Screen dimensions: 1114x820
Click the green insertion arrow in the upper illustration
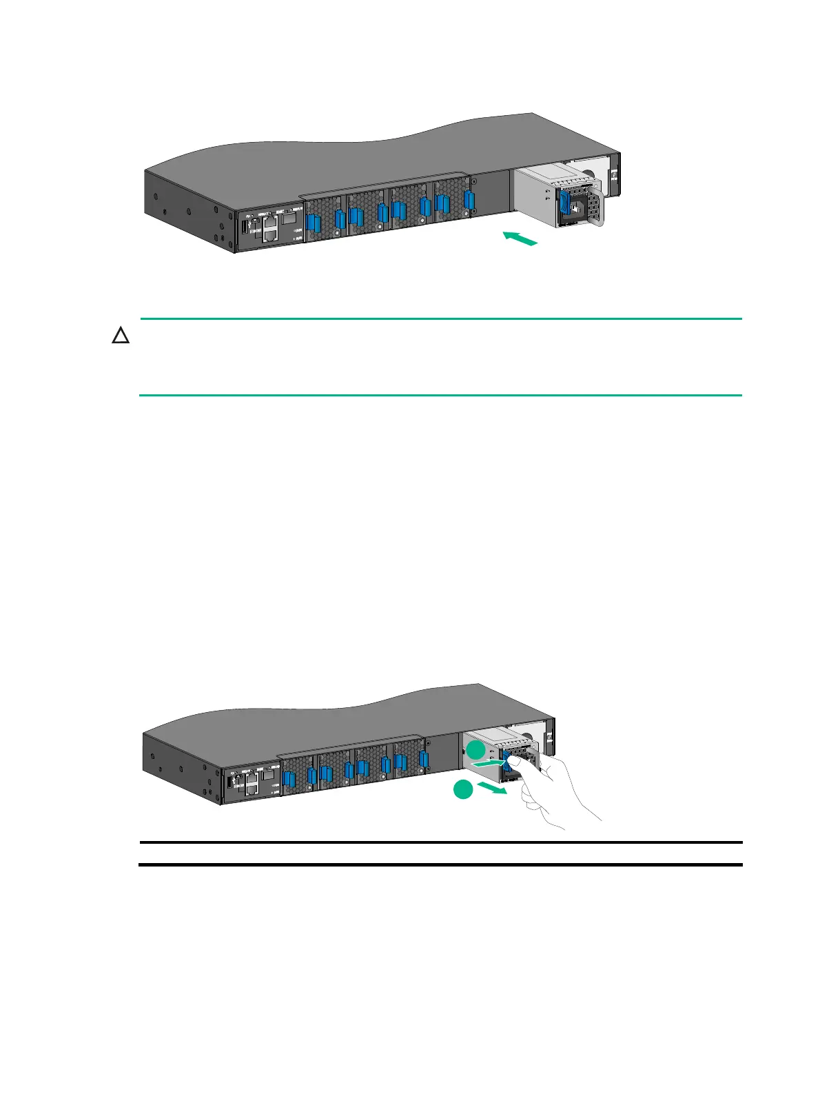pos(520,239)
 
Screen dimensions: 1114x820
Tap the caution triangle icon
pos(121,336)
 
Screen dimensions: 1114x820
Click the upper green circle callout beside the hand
pos(473,751)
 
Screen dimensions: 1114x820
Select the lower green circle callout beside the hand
pos(462,790)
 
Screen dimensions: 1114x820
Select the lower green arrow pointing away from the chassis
pos(492,788)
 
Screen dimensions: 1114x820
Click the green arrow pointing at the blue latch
pos(489,763)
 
